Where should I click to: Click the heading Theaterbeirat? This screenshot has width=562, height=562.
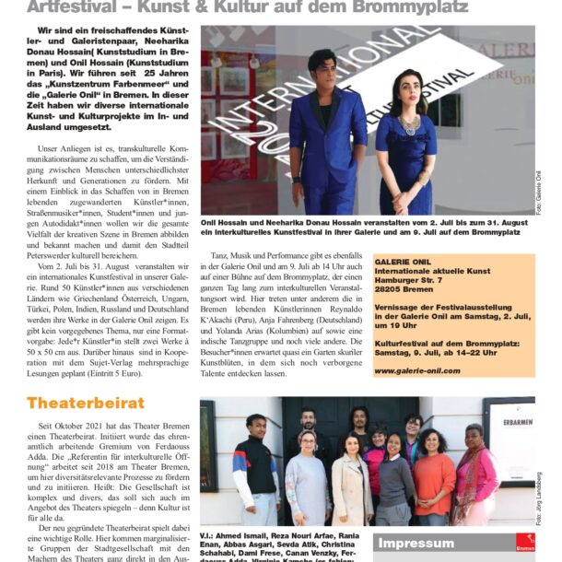point(86,404)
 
